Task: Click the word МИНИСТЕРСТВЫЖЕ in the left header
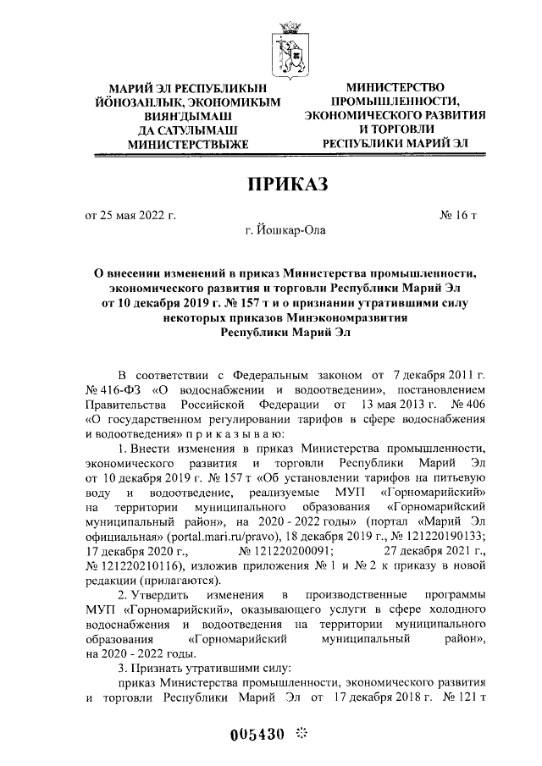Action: pos(187,144)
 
